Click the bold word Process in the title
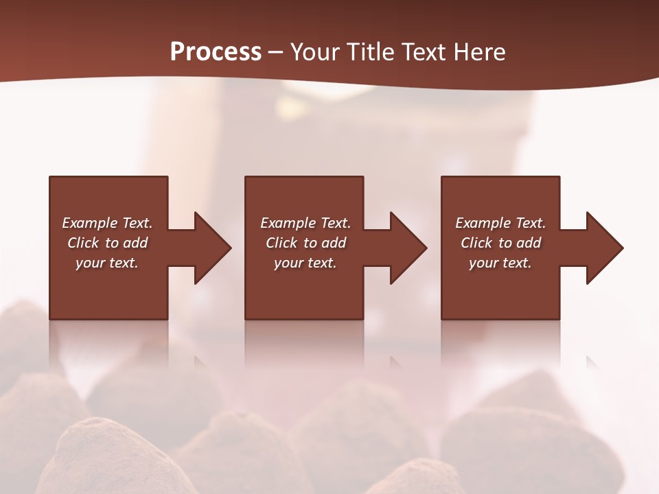point(216,52)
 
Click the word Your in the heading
point(316,52)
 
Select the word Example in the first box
point(90,223)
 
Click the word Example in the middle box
point(288,223)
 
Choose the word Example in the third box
point(483,223)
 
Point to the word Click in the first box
point(84,243)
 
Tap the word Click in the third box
point(477,243)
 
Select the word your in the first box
point(91,263)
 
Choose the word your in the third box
point(484,263)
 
